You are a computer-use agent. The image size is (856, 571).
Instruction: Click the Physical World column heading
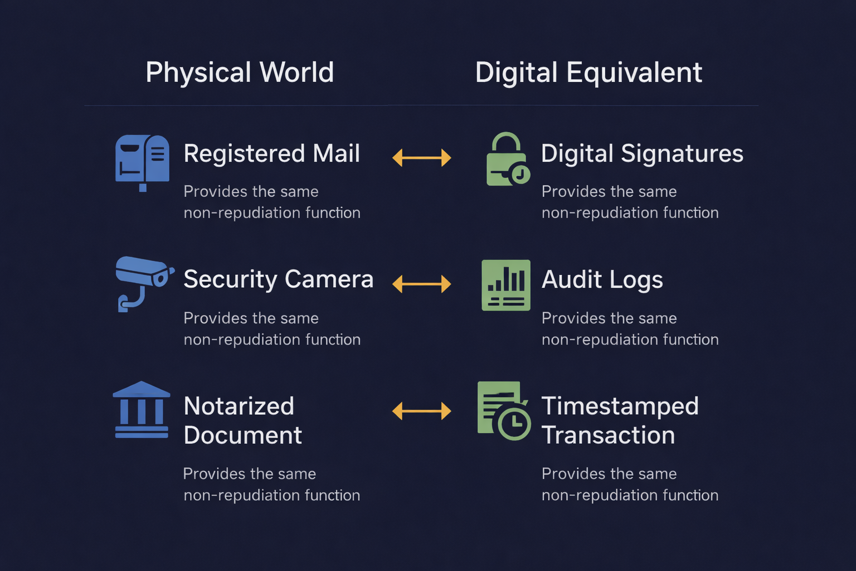[240, 72]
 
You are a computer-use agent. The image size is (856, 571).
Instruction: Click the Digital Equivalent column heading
[588, 73]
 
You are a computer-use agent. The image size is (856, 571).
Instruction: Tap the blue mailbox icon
[142, 161]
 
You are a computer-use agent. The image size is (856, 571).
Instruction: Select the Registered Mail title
[271, 153]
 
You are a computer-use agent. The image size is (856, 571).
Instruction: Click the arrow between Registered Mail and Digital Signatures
[421, 158]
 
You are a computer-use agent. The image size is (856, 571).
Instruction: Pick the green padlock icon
[507, 160]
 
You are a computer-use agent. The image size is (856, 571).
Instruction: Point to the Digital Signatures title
[642, 153]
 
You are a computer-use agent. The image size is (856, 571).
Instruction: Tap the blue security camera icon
[143, 282]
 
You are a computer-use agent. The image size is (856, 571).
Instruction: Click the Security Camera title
[278, 279]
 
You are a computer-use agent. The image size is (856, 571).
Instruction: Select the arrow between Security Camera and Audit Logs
[421, 284]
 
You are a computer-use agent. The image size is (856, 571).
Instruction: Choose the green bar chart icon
[506, 285]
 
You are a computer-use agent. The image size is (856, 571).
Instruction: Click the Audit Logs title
[602, 280]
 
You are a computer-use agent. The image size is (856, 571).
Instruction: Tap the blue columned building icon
[142, 410]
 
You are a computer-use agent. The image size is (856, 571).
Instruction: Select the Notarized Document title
[242, 420]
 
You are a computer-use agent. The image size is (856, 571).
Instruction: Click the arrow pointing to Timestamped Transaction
[421, 412]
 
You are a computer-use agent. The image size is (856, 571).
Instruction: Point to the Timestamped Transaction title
[620, 420]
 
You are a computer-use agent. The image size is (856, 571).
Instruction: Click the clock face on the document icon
[514, 424]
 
